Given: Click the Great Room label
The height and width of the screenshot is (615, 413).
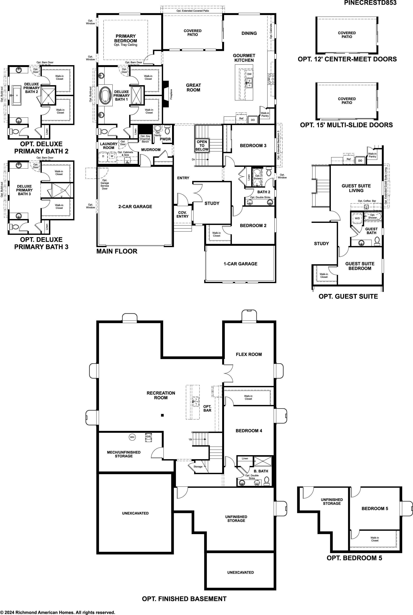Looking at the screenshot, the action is (x=193, y=87).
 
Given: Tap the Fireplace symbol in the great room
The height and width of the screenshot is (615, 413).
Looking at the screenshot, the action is (x=166, y=94).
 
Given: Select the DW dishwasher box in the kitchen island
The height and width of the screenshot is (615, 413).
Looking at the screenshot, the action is (x=249, y=74).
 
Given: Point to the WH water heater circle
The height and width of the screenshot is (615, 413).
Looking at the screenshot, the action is (x=132, y=437).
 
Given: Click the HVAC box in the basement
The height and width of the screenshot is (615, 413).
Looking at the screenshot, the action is (x=149, y=438).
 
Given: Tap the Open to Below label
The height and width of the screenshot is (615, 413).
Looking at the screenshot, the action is (x=202, y=145).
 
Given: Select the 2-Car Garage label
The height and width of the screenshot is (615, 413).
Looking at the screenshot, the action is (x=135, y=207).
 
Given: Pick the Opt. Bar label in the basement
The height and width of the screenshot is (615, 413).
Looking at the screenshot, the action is (x=207, y=408).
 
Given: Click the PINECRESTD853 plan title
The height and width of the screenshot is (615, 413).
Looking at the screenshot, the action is (x=370, y=3).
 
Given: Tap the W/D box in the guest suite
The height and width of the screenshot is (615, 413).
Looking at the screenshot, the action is (x=357, y=218).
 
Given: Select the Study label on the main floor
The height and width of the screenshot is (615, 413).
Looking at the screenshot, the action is (x=212, y=203).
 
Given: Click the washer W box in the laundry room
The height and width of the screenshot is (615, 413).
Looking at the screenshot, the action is (x=112, y=156).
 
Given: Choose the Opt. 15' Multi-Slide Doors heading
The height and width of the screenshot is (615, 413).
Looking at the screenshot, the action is (x=346, y=125).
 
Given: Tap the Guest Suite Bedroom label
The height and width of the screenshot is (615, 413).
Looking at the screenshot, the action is (x=360, y=266).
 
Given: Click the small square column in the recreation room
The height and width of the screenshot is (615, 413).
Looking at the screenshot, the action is (x=162, y=416).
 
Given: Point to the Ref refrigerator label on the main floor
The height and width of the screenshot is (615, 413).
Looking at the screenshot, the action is (x=241, y=119).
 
